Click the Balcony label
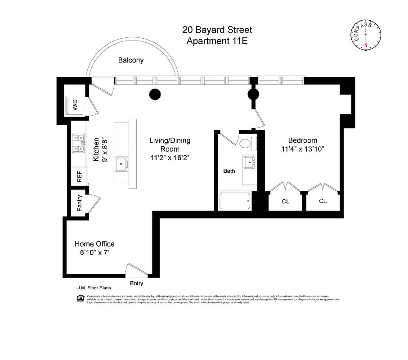(x=131, y=60)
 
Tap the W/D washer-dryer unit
(x=75, y=106)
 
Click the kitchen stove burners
(x=80, y=143)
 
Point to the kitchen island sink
(x=121, y=164)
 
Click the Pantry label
(x=80, y=203)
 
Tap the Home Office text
(x=94, y=244)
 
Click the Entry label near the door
(x=136, y=283)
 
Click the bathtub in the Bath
(x=234, y=201)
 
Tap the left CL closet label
(x=286, y=201)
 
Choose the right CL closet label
(x=323, y=201)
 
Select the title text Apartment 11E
(x=217, y=41)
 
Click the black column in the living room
(x=155, y=94)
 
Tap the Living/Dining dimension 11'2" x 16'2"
(x=170, y=158)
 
